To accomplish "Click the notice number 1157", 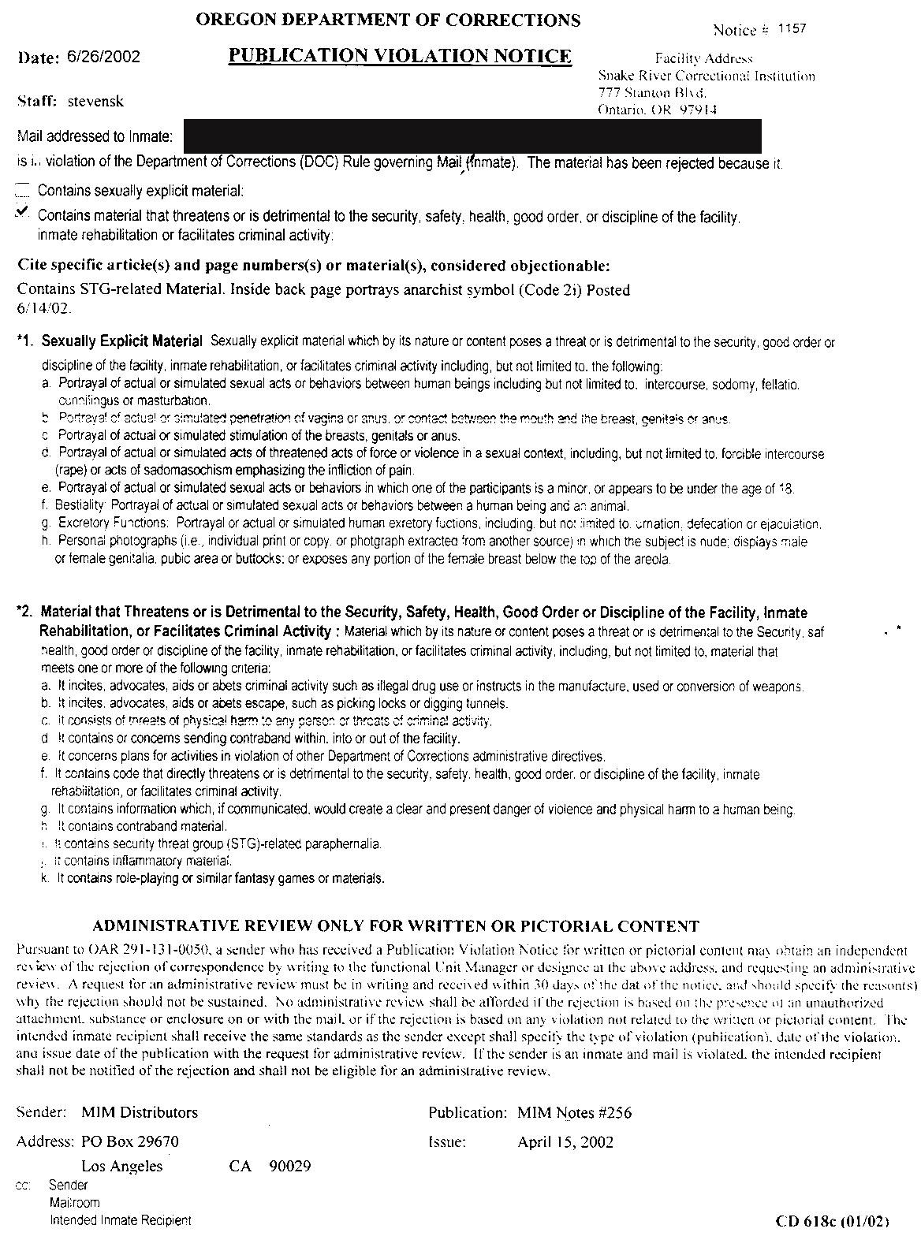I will click(792, 29).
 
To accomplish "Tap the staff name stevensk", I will click(95, 101).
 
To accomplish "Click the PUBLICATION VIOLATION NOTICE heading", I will click(400, 55).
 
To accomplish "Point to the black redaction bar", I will click(472, 136).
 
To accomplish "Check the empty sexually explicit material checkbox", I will click(23, 189).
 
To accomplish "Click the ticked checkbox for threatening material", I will click(23, 213).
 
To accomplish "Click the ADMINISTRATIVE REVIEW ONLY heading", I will click(396, 925).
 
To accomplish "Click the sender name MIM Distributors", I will click(140, 1112).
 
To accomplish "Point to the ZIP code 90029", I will click(289, 1166).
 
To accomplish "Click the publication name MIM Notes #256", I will click(574, 1112).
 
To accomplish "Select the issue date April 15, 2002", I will click(565, 1141).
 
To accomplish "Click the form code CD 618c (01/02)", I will click(833, 1221).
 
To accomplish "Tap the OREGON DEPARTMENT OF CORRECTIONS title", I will click(388, 20).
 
